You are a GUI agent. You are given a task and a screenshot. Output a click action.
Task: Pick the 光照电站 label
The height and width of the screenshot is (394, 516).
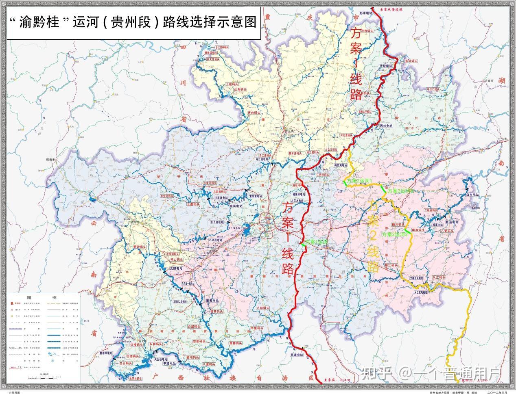click(x=176, y=268)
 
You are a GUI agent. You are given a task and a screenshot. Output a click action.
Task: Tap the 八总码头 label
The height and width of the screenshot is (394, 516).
click(x=265, y=308)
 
